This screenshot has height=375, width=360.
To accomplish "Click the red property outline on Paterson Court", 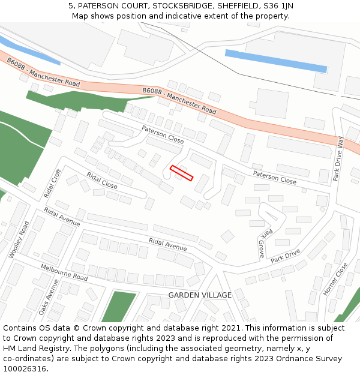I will pyautogui.click(x=181, y=173).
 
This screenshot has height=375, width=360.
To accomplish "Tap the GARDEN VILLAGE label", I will pyautogui.click(x=200, y=295).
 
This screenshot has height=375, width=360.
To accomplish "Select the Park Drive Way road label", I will pyautogui.click(x=339, y=159).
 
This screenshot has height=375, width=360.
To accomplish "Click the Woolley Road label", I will pyautogui.click(x=19, y=239).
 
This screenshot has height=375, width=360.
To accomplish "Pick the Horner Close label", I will pyautogui.click(x=335, y=279).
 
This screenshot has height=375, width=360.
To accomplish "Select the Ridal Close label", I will pyautogui.click(x=102, y=181).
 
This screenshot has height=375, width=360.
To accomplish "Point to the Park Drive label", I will pyautogui.click(x=285, y=257).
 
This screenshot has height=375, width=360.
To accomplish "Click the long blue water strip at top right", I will pyautogui.click(x=276, y=61).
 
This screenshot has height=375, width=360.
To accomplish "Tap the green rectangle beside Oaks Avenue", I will pyautogui.click(x=118, y=307).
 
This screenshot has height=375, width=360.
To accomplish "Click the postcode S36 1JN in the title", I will pyautogui.click(x=280, y=5).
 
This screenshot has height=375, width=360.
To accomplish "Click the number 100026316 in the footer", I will pyautogui.click(x=25, y=368).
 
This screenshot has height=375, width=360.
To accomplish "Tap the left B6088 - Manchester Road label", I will pyautogui.click(x=43, y=72).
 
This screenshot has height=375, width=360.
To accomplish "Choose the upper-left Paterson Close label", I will pyautogui.click(x=163, y=134).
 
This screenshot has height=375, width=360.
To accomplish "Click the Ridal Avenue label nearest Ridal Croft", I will pyautogui.click(x=62, y=217).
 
